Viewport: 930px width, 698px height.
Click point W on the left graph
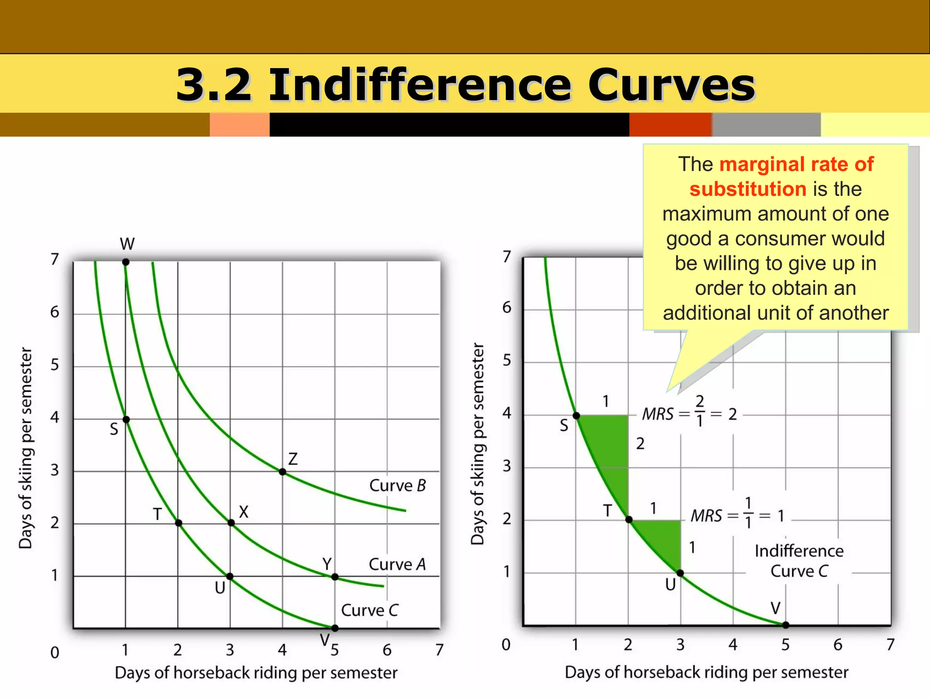click(126, 262)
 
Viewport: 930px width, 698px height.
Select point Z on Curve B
click(282, 472)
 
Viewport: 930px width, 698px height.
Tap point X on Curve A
click(231, 523)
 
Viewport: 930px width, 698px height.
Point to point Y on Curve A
click(335, 577)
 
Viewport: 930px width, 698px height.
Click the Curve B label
click(397, 486)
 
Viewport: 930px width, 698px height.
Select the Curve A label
click(397, 564)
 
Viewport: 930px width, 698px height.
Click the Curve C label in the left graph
click(369, 610)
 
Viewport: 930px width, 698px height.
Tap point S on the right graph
click(576, 415)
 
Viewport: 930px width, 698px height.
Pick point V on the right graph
click(786, 625)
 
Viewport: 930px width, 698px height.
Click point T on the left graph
click(178, 523)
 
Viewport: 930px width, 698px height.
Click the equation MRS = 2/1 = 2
click(689, 414)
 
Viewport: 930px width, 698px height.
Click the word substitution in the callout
click(747, 189)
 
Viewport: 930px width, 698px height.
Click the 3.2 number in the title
click(213, 85)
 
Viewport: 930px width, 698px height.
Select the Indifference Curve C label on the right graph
click(799, 561)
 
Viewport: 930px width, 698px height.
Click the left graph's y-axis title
click(25, 448)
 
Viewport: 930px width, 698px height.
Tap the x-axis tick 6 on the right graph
click(838, 645)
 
